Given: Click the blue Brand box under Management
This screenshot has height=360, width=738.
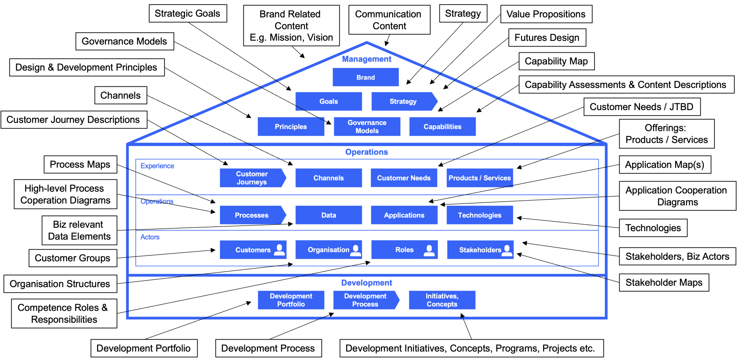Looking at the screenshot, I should click(x=365, y=77).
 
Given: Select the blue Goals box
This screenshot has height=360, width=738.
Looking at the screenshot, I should click(x=328, y=101).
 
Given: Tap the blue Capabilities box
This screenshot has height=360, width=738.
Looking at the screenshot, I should click(x=442, y=126).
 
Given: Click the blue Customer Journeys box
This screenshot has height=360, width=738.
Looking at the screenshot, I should click(x=252, y=178).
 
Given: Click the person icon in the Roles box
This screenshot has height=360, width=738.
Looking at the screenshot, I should click(x=429, y=250).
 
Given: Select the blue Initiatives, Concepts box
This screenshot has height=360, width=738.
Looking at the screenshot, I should click(x=442, y=300).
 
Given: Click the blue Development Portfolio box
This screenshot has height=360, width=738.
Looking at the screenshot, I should click(x=291, y=300).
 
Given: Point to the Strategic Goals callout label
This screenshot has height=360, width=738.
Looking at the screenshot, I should click(x=187, y=13).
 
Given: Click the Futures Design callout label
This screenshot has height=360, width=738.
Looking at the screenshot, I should click(x=547, y=37).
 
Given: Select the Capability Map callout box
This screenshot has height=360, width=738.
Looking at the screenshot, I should click(x=556, y=61).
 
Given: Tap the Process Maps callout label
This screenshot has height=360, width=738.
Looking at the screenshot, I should click(x=80, y=164).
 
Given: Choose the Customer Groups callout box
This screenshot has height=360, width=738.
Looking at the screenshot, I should click(x=73, y=258).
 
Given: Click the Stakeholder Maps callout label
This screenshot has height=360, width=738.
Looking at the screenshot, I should click(x=664, y=282).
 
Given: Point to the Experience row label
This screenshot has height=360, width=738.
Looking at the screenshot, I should click(x=157, y=166).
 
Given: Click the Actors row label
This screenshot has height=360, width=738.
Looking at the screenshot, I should click(x=150, y=237).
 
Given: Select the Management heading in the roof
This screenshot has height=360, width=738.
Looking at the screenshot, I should click(x=366, y=59).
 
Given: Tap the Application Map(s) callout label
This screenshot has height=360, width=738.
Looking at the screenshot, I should click(x=664, y=165).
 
